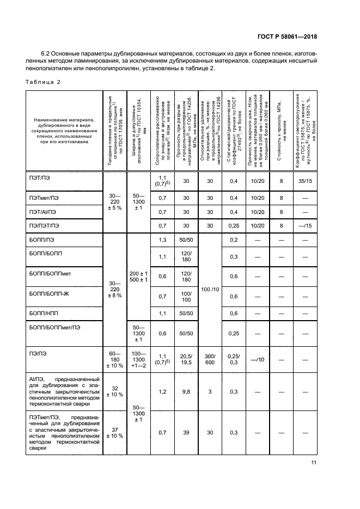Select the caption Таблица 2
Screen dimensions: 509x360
(43, 82)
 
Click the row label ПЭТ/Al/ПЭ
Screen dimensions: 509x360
(44, 212)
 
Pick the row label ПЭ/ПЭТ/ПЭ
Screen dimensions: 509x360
(44, 225)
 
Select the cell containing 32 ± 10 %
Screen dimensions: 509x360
(115, 391)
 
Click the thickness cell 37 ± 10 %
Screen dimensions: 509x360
(115, 432)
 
